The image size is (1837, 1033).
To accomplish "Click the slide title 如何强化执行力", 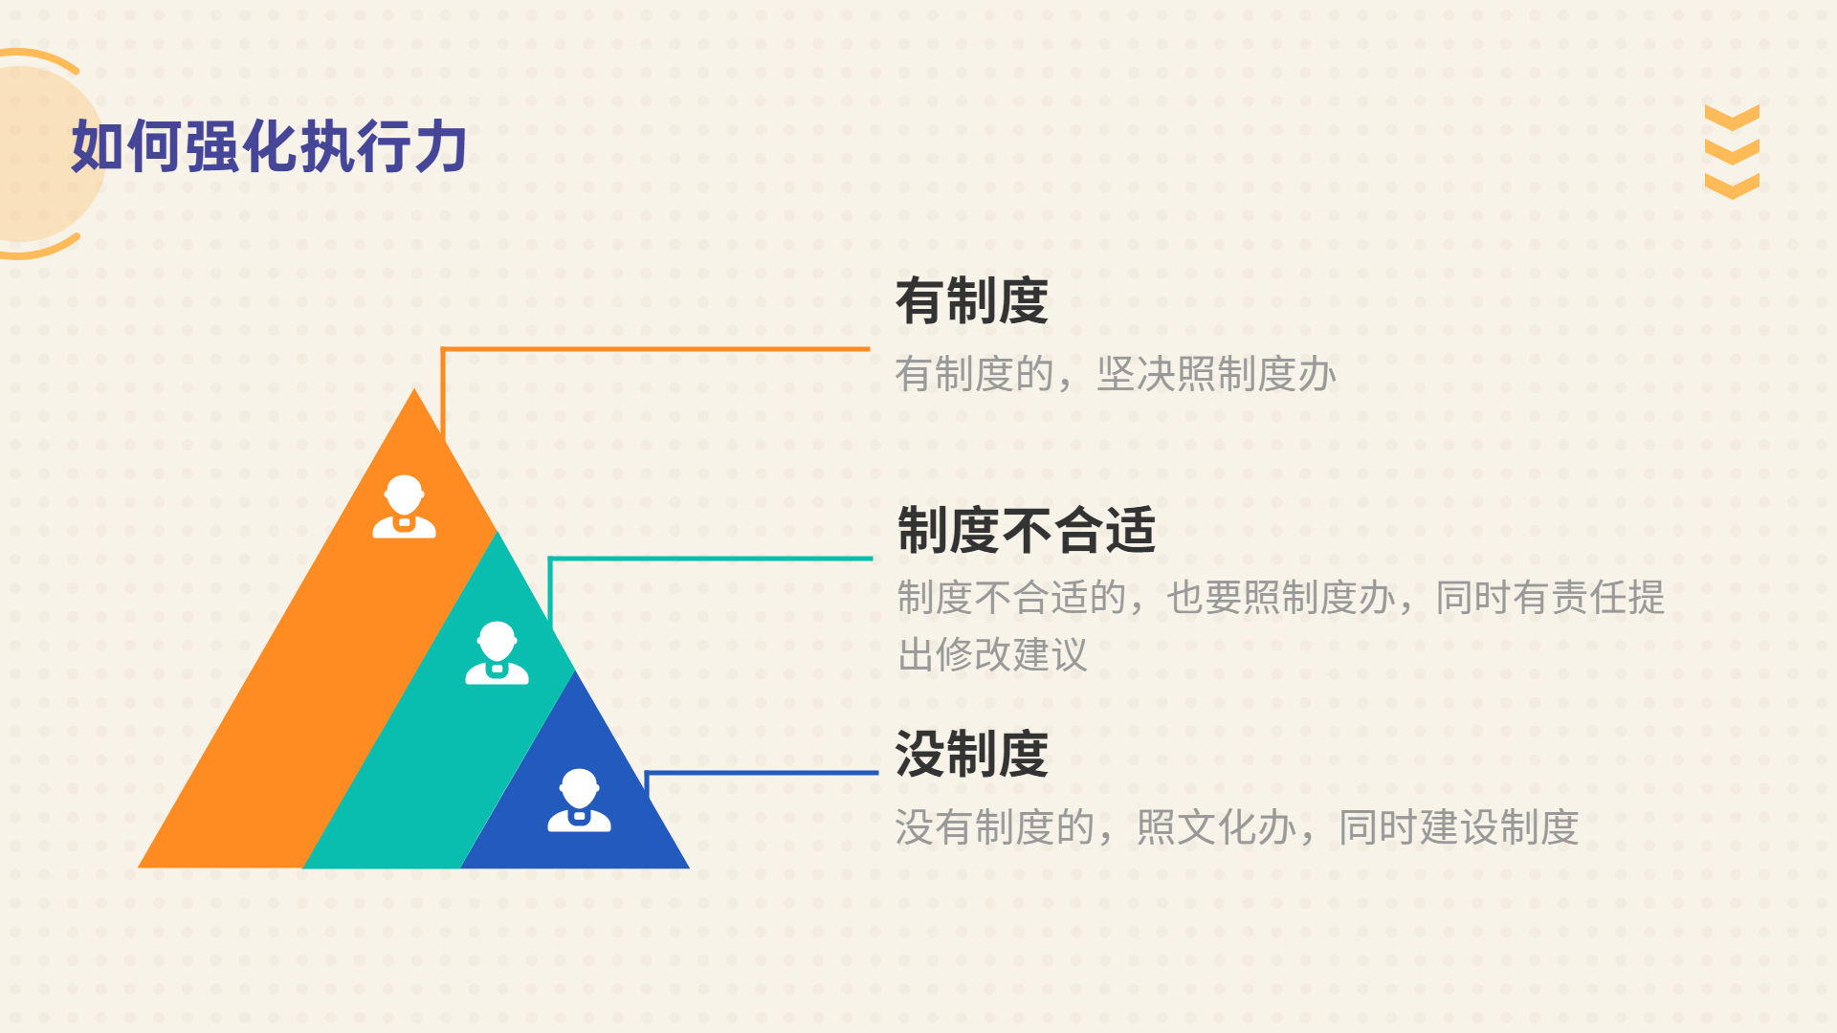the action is [x=269, y=146].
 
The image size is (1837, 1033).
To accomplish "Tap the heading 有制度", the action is [x=972, y=301].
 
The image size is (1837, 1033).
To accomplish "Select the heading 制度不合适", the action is [x=1027, y=530].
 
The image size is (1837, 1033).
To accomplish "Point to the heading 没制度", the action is [x=972, y=754].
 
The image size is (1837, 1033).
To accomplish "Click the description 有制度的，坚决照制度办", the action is [x=1116, y=374].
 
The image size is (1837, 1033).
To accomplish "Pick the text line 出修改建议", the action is [x=993, y=655].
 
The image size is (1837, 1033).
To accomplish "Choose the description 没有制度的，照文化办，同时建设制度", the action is [x=1237, y=827].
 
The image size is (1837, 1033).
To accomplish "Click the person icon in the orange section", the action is [x=404, y=507].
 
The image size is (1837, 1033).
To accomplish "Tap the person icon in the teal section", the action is [x=497, y=653].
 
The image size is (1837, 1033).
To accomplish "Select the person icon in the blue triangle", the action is [x=579, y=801].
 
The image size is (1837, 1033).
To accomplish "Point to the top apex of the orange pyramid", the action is [x=414, y=388].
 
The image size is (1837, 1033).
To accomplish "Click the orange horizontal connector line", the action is [x=656, y=349].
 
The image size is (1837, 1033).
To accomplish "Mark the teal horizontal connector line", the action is [x=711, y=558].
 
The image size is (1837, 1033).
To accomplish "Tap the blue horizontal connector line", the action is [x=763, y=772].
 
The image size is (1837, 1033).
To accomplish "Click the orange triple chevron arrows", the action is [x=1732, y=151].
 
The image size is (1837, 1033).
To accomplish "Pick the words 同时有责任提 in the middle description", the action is [x=1550, y=598].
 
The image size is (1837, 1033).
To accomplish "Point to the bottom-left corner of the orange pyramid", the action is [x=138, y=868].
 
